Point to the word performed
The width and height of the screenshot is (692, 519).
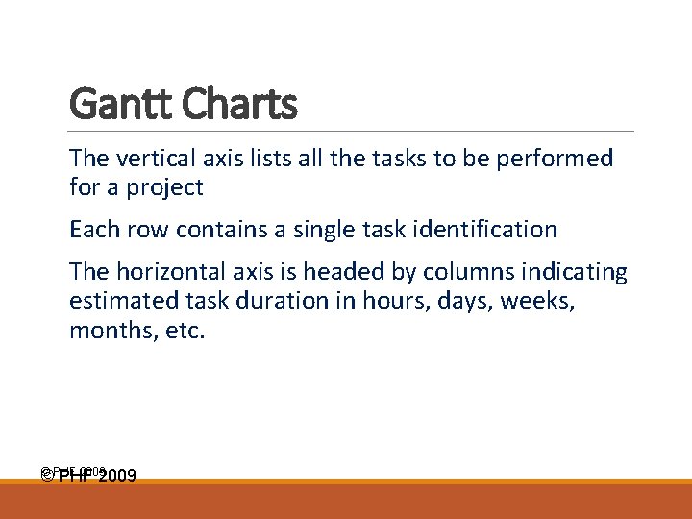557,159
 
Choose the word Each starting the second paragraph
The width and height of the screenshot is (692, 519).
91,230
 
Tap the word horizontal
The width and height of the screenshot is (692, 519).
171,273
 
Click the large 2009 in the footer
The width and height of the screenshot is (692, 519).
116,476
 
